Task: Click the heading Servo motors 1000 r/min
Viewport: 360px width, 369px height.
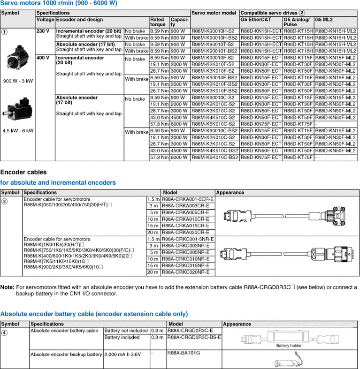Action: click(59, 4)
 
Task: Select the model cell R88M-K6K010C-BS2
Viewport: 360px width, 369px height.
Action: click(214, 158)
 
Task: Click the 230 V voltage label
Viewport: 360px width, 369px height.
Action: click(43, 31)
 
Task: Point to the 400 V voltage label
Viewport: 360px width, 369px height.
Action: click(43, 58)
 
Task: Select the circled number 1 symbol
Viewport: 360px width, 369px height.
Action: click(5, 32)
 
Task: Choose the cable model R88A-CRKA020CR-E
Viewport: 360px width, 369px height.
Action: click(185, 232)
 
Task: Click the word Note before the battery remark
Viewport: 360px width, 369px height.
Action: click(7, 287)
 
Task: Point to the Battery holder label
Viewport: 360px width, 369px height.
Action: click(289, 346)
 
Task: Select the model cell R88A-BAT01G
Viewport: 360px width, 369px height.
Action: click(184, 352)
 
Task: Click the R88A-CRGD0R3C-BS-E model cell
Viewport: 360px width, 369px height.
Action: click(194, 337)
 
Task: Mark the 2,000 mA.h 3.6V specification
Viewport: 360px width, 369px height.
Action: click(123, 354)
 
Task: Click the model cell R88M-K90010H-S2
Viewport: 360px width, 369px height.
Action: click(214, 31)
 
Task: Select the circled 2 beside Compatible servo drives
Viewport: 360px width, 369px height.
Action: click(302, 13)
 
